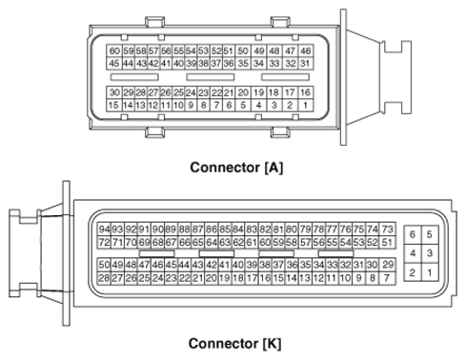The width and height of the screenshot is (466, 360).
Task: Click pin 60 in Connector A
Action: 114,50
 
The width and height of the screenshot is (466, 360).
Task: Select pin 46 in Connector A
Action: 306,50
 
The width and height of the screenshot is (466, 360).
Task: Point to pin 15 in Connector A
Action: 114,106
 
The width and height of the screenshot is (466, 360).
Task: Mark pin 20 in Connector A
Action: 242,92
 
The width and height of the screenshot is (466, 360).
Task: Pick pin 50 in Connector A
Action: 243,50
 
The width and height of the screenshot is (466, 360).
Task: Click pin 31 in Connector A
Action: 306,63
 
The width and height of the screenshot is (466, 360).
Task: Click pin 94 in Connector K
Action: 104,230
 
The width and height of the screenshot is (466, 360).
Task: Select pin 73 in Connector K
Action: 388,230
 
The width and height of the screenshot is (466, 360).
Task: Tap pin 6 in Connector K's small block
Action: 413,233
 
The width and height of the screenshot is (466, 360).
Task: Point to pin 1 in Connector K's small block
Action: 430,273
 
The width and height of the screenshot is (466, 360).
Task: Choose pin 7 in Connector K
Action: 387,277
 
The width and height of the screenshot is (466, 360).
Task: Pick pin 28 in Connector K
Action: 104,277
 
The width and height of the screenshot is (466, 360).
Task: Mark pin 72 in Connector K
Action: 104,243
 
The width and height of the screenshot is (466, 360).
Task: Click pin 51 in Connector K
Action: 388,243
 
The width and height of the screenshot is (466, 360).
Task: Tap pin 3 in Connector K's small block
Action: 430,253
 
